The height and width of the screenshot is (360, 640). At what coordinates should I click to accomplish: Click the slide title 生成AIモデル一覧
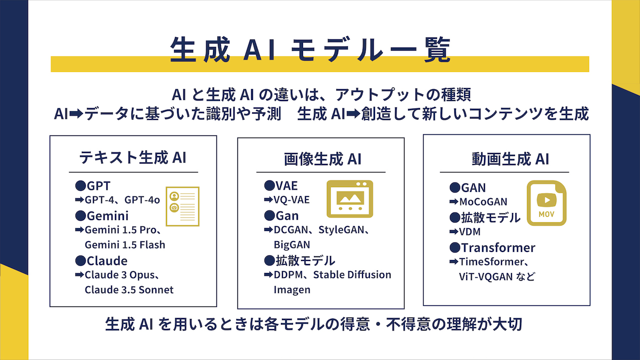pyautogui.click(x=310, y=49)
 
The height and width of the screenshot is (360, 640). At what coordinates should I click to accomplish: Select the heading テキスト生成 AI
pyautogui.click(x=133, y=157)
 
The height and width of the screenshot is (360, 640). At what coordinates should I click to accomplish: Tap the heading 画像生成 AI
pyautogui.click(x=322, y=159)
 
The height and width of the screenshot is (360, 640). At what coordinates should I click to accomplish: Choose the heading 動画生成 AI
pyautogui.click(x=510, y=159)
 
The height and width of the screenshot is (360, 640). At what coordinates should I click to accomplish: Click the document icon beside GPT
pyautogui.click(x=182, y=206)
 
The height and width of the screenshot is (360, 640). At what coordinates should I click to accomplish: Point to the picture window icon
pyautogui.click(x=349, y=199)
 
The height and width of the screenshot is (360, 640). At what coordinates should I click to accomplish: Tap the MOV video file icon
pyautogui.click(x=546, y=203)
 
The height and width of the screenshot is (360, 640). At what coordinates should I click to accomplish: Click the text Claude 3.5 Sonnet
pyautogui.click(x=129, y=289)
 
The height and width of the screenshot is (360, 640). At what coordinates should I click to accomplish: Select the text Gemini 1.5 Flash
pyautogui.click(x=125, y=245)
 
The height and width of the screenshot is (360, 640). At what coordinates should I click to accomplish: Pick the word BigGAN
pyautogui.click(x=291, y=245)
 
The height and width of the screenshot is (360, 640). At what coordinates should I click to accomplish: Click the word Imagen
pyautogui.click(x=292, y=289)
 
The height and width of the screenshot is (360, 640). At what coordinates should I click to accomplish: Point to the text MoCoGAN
pyautogui.click(x=483, y=201)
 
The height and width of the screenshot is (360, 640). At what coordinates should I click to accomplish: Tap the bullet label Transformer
pyautogui.click(x=498, y=247)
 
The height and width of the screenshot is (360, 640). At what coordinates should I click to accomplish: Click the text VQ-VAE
pyautogui.click(x=291, y=199)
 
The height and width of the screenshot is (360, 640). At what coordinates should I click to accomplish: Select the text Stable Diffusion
pyautogui.click(x=352, y=274)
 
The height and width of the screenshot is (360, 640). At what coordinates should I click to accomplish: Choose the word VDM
pyautogui.click(x=469, y=231)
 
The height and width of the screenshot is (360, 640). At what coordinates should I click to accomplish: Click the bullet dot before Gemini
pyautogui.click(x=80, y=215)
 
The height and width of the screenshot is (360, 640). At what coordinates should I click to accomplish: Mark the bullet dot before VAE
pyautogui.click(x=269, y=185)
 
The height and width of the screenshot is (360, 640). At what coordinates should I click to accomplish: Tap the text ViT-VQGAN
pyautogui.click(x=485, y=276)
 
